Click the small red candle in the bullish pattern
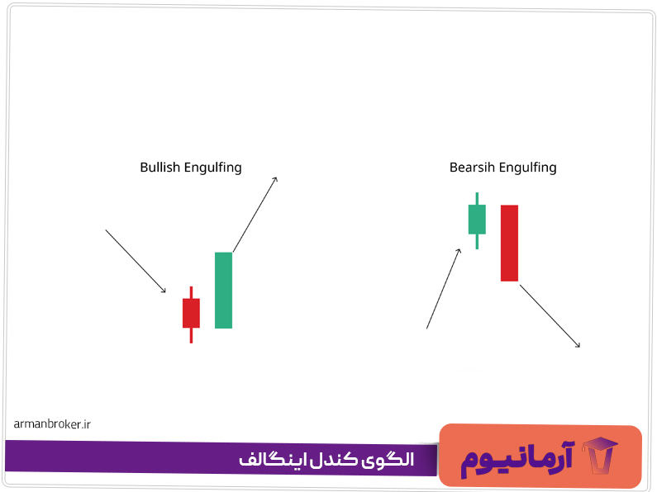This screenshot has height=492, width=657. click(191, 313)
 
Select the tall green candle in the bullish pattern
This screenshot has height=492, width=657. click(223, 290)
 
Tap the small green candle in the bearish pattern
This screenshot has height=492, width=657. click(477, 219)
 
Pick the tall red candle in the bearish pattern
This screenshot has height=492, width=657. click(509, 243)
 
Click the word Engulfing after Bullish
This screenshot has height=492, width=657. click(213, 168)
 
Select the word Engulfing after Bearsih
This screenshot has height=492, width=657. click(528, 168)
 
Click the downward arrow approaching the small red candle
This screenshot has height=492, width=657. click(136, 261)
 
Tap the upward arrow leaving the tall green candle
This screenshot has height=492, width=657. click(255, 213)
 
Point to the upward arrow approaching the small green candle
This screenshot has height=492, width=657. click(443, 288)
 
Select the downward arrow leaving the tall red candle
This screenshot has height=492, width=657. click(550, 314)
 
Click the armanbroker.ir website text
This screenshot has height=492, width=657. click(52, 423)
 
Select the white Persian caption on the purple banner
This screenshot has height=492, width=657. click(326, 459)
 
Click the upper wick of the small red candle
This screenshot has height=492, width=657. click(191, 292)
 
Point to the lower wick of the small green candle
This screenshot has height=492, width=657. click(477, 241)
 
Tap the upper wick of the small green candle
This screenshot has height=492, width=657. click(477, 198)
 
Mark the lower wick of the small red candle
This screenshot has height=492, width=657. click(191, 335)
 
